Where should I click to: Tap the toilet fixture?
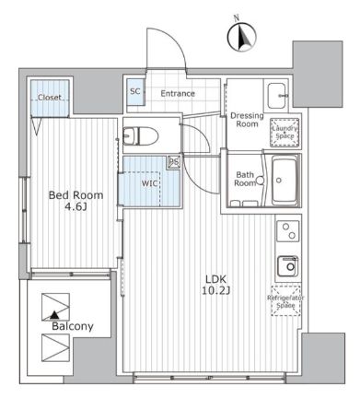pos(141,136)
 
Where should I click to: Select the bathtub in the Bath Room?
pos(285,181)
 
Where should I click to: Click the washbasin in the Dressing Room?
pos(278,96)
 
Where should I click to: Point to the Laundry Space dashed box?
pos(285,133)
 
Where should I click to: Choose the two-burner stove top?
pos(288,231)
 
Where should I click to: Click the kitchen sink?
pos(288,266)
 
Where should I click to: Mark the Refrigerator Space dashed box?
pos(285,301)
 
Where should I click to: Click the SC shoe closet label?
pos(135,91)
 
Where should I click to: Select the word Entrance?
pos(178,93)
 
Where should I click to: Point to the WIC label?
pos(149,183)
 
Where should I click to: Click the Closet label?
pos(50,98)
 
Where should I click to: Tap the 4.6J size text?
pos(75,207)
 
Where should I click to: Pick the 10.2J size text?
pos(216,290)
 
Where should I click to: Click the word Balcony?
pos(73,326)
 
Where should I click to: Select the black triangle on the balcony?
pos(54,315)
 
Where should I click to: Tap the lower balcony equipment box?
pos(55,347)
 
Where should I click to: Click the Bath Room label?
pos(245,179)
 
